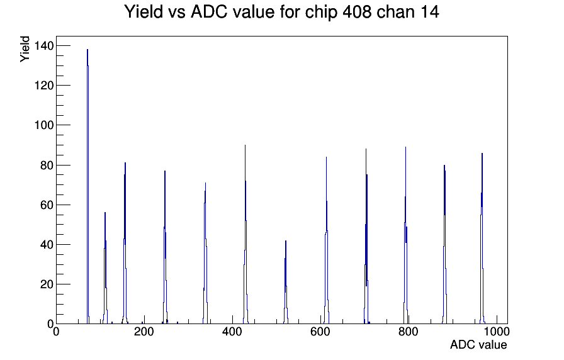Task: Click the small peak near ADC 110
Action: [x=105, y=268]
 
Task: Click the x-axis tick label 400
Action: [x=232, y=332]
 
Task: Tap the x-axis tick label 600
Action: [x=320, y=332]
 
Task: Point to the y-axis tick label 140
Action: [x=44, y=46]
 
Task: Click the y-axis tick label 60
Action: [x=47, y=205]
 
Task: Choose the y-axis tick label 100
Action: [x=44, y=125]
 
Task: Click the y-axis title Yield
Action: [x=25, y=49]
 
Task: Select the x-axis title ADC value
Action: [x=478, y=344]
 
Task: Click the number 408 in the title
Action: [x=356, y=12]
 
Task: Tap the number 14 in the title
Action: [x=429, y=12]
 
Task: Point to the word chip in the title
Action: [x=321, y=13]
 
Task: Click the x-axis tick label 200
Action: [x=144, y=332]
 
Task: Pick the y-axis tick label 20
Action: [x=47, y=284]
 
